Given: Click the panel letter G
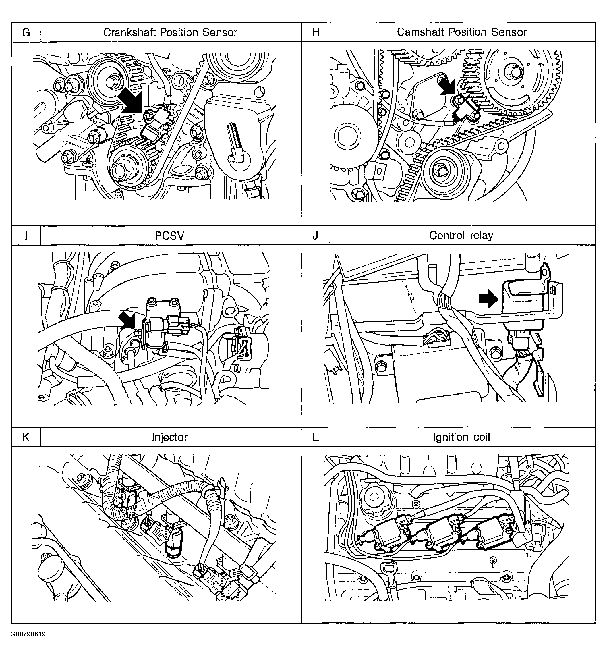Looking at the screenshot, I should pyautogui.click(x=26, y=32).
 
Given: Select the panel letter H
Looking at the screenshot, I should pyautogui.click(x=316, y=32).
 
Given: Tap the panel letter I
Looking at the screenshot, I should pyautogui.click(x=26, y=236).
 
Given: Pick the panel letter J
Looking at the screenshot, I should pyautogui.click(x=315, y=236).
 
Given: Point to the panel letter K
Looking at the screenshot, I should pyautogui.click(x=26, y=437).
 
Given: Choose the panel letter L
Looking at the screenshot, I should pyautogui.click(x=315, y=437).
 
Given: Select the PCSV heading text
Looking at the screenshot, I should pyautogui.click(x=169, y=236).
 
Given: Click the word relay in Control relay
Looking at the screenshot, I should pyautogui.click(x=481, y=236).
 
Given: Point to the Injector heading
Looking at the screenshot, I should pyautogui.click(x=170, y=437).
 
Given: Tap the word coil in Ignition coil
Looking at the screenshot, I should pyautogui.click(x=481, y=437).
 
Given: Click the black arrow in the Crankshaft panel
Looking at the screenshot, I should pyautogui.click(x=131, y=102).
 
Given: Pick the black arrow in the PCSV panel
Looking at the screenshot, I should pyautogui.click(x=127, y=320).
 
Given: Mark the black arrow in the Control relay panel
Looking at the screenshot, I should pyautogui.click(x=488, y=299).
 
